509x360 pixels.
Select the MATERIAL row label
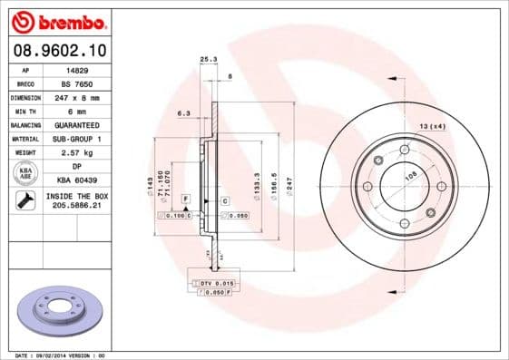click(25, 139)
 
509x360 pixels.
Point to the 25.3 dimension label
click(209, 60)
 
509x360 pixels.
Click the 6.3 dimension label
click(183, 113)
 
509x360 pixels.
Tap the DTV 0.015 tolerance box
click(221, 285)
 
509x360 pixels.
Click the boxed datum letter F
click(185, 198)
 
